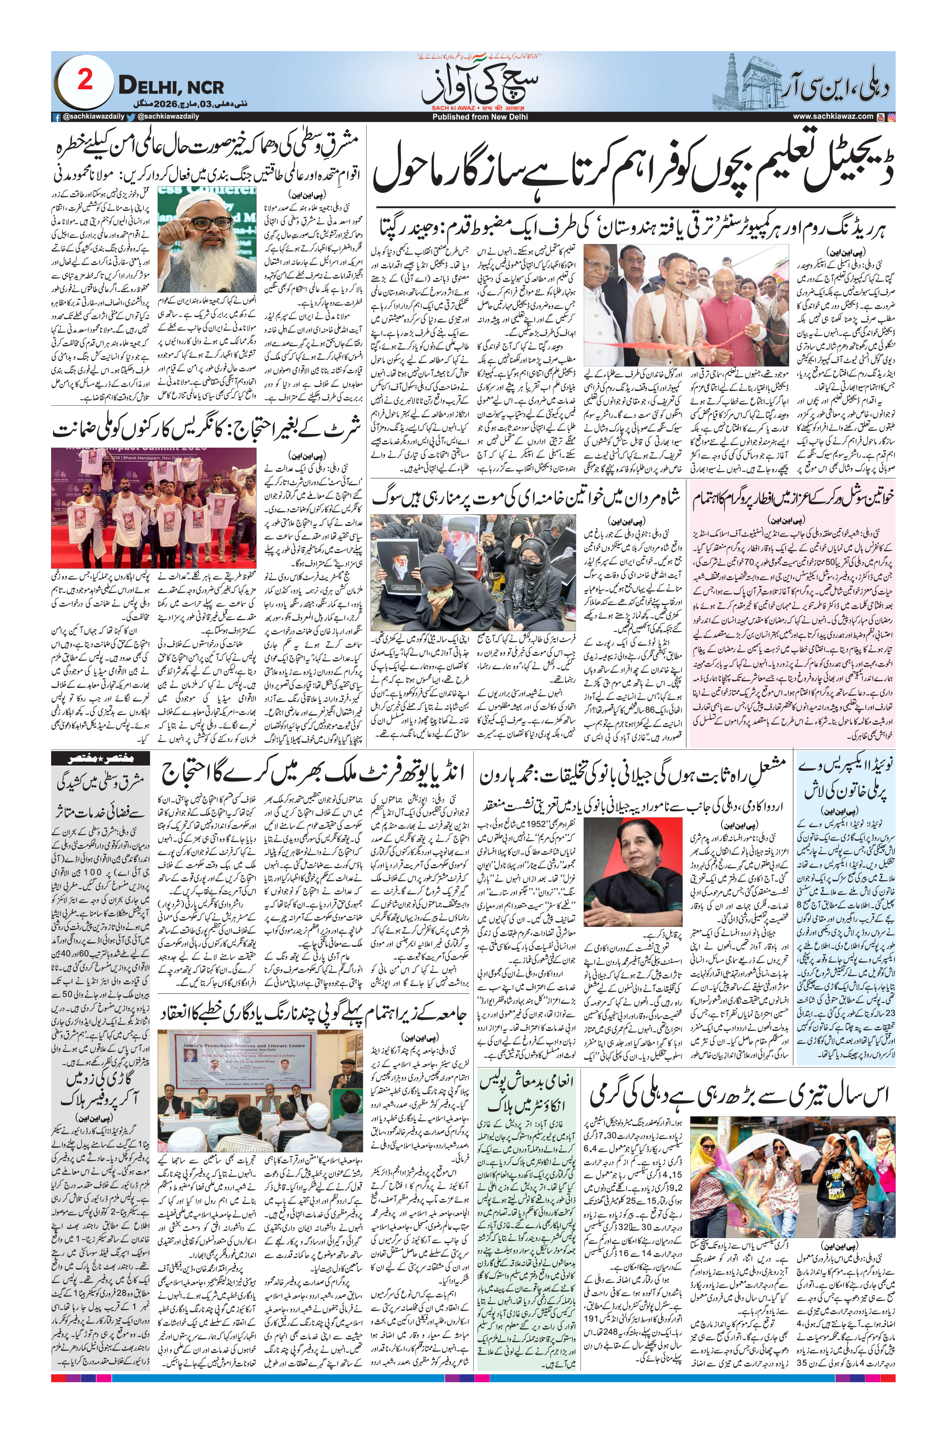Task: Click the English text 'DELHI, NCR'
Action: pyautogui.click(x=171, y=86)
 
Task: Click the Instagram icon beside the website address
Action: pyautogui.click(x=891, y=117)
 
